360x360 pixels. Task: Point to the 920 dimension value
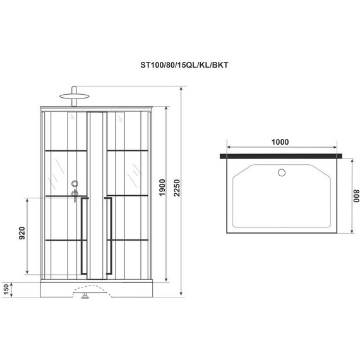[21, 233]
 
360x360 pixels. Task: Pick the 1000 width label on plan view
[284, 142]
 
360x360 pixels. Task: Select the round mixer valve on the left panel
[75, 184]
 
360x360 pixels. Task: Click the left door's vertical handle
[83, 236]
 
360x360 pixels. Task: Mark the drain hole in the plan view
[282, 171]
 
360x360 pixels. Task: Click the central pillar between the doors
[97, 196]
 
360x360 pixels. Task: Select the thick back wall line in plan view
[282, 155]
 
